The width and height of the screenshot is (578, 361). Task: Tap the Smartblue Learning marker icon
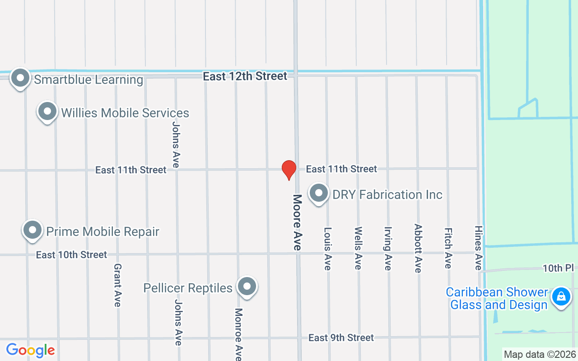click(20, 78)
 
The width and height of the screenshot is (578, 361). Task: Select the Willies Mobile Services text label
click(125, 113)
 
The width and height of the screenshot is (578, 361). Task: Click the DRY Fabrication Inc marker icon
click(319, 193)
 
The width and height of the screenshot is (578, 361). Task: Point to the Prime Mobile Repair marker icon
click(33, 230)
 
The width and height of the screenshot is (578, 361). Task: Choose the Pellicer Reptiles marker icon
click(247, 287)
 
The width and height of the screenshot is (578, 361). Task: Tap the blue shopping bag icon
click(560, 296)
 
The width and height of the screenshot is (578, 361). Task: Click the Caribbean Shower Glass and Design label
click(497, 299)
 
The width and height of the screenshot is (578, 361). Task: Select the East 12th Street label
click(245, 76)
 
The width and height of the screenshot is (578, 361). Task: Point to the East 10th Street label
click(71, 255)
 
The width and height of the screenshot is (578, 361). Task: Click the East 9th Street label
click(341, 338)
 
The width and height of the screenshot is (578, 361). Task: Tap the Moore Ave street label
click(297, 222)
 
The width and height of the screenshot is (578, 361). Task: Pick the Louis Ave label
click(328, 248)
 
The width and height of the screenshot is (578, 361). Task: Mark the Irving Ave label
click(388, 248)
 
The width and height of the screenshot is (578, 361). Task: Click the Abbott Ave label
click(418, 248)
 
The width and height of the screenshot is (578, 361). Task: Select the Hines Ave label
click(478, 248)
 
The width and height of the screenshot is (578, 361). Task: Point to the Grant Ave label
click(117, 285)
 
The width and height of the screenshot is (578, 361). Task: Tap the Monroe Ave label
click(239, 334)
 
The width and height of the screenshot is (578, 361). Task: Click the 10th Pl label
click(558, 268)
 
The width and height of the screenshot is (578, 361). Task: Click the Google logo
click(30, 350)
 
